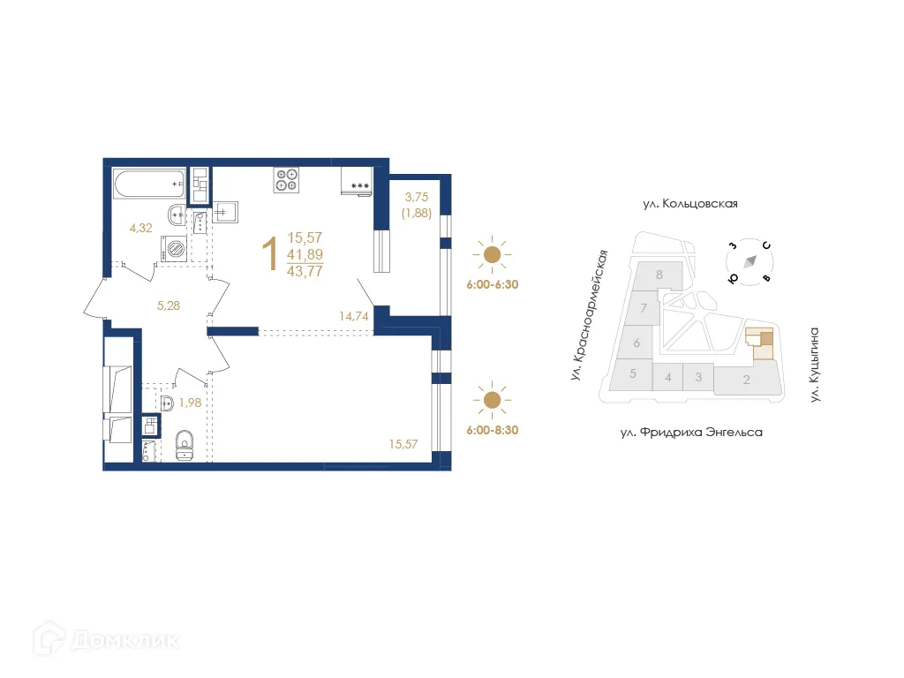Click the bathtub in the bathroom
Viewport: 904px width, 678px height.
(149, 184)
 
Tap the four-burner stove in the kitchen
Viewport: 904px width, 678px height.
(286, 180)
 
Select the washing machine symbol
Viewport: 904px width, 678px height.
(174, 249)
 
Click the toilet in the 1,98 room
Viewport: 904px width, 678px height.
(185, 445)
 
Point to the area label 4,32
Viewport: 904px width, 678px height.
(140, 228)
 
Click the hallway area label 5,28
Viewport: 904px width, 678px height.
(169, 305)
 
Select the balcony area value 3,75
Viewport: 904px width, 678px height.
(417, 197)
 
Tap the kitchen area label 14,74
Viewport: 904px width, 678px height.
(353, 316)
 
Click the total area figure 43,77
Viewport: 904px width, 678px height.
(305, 271)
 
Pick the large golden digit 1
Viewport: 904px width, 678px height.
(270, 253)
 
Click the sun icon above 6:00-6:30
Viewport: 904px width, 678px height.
(492, 254)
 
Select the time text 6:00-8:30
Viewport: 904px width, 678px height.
(493, 430)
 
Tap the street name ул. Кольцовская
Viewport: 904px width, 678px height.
(690, 204)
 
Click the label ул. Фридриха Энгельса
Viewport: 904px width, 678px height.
(691, 432)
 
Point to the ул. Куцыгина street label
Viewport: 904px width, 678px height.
(814, 365)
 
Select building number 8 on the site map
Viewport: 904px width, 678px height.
(659, 275)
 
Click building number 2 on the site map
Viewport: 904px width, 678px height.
(747, 380)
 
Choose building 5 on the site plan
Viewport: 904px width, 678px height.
(632, 373)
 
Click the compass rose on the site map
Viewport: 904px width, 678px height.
(750, 261)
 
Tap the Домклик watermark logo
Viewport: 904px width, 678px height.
(107, 639)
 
